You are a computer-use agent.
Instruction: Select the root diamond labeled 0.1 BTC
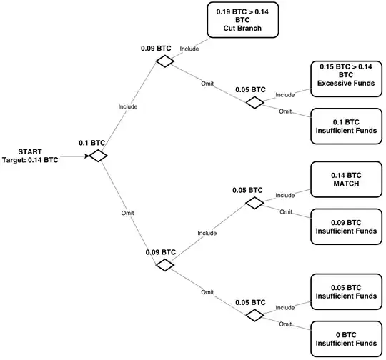96,156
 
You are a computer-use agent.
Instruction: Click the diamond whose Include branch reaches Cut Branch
165,61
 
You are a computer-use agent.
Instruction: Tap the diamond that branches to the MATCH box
254,203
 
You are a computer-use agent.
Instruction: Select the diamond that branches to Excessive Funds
254,102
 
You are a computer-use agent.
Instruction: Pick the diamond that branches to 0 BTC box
254,314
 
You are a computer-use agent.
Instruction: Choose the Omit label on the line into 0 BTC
285,324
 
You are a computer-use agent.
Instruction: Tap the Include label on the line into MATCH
284,195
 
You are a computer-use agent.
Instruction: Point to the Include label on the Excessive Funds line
284,94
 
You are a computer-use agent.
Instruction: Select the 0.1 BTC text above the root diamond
93,143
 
